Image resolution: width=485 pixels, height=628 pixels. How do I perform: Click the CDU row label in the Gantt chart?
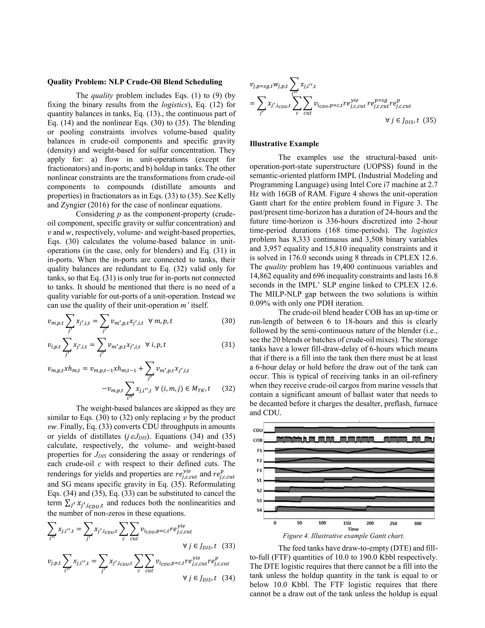(258, 430)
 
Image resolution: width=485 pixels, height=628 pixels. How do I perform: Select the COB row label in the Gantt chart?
(258, 440)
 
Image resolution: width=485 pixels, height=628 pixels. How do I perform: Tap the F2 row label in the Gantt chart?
(259, 460)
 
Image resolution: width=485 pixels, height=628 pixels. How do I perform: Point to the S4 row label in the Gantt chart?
(259, 510)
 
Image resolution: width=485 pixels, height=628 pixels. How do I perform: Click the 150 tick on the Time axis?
(347, 523)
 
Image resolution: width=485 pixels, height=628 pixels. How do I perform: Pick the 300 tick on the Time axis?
(418, 523)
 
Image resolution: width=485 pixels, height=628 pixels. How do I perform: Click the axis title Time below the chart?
(353, 529)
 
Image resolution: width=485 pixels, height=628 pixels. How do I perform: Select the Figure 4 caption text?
(343, 536)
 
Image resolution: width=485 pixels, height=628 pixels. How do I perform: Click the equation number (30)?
(229, 321)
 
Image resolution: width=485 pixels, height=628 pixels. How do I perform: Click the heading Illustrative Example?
(284, 144)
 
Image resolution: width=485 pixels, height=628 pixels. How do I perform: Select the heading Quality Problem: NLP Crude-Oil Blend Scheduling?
(135, 82)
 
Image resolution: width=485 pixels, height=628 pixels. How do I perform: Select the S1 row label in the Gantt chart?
(259, 480)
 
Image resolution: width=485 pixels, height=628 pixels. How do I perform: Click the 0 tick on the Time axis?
(275, 523)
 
